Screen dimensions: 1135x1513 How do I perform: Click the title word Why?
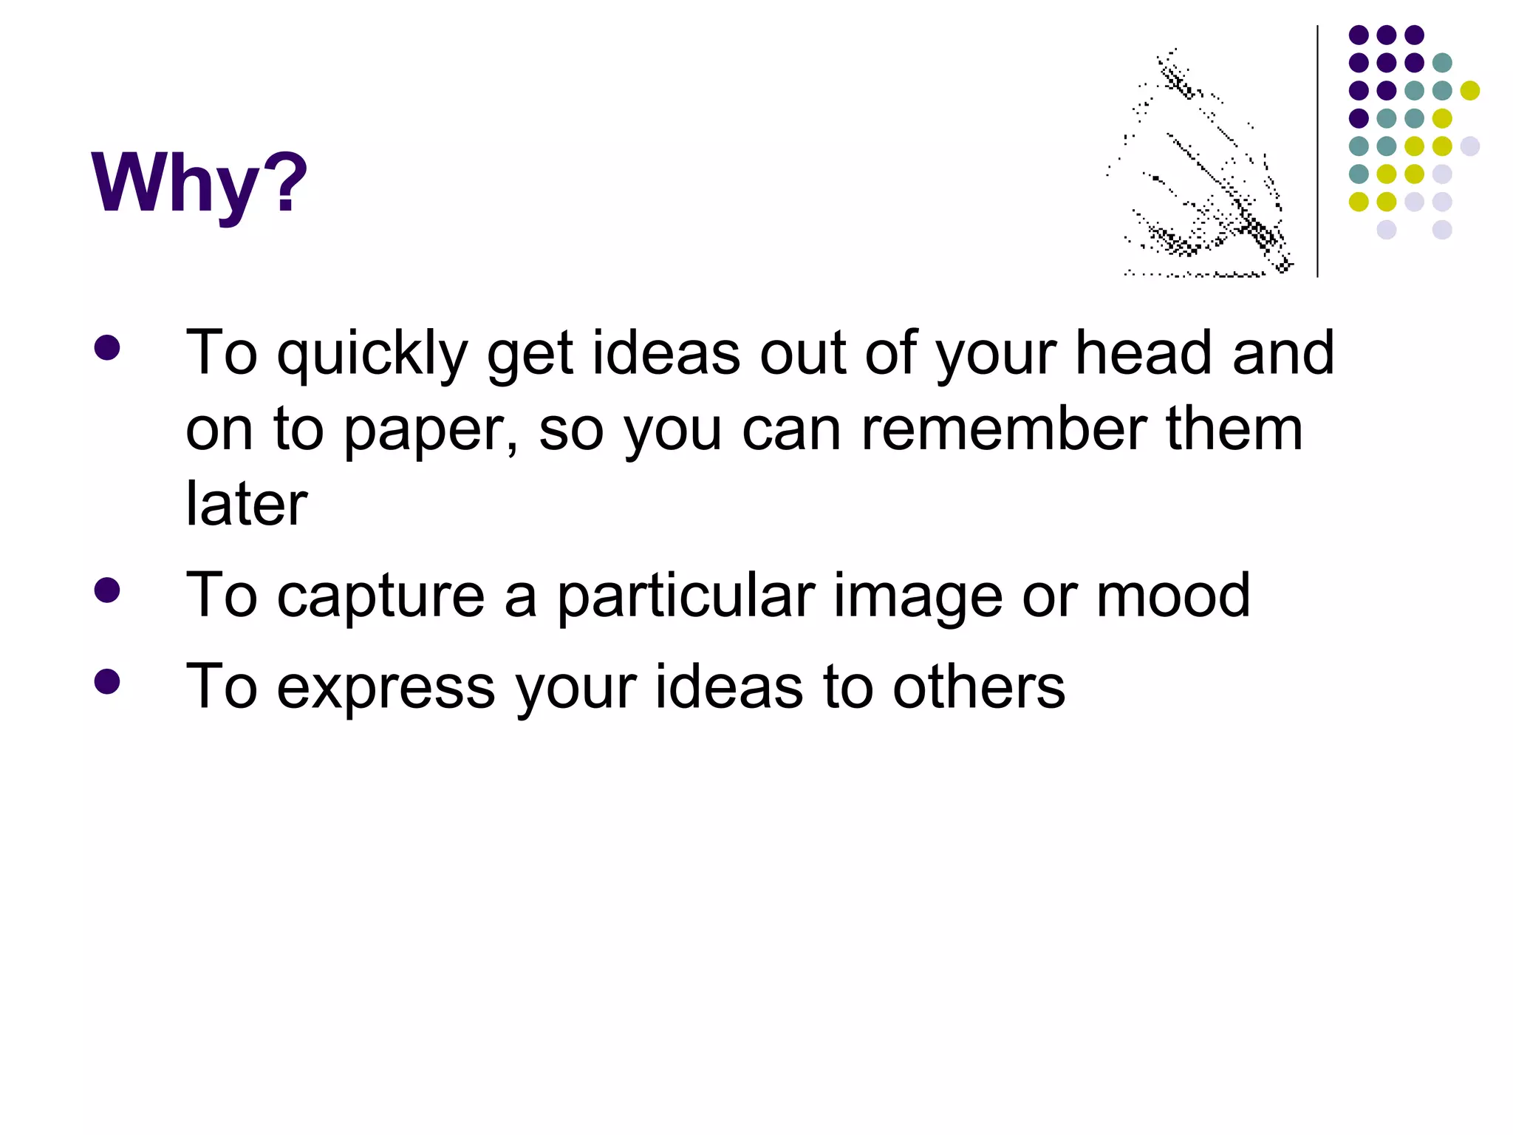(199, 183)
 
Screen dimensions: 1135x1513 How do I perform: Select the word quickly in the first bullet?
(372, 355)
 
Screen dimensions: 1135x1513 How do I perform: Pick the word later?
(246, 504)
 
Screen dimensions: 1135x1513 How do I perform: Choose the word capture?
(380, 597)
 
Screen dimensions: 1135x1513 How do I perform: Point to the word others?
(978, 686)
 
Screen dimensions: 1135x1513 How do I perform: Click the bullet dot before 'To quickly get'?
(107, 349)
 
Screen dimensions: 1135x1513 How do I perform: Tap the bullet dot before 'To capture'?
(107, 590)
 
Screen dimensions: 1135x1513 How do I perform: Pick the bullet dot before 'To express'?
(107, 681)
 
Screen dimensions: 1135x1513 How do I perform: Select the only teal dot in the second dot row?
(1442, 63)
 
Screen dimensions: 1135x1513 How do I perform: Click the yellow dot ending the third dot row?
(1469, 91)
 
